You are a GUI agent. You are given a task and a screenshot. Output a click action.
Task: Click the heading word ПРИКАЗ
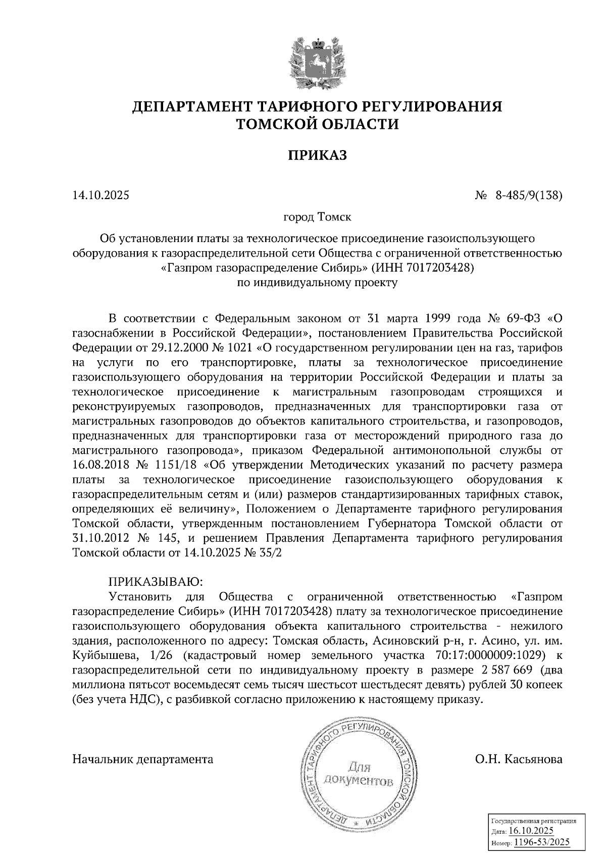tap(318, 155)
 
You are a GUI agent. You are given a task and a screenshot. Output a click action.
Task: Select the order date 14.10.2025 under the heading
tap(101, 195)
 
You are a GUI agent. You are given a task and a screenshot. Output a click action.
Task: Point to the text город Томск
tap(318, 217)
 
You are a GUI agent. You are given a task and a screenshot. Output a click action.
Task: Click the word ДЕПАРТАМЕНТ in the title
tap(192, 107)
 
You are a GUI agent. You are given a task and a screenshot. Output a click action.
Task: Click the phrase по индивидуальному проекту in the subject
tap(318, 282)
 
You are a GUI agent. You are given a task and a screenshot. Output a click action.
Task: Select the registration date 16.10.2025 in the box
tap(531, 831)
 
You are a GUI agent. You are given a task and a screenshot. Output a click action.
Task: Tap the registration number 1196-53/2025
tap(541, 842)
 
